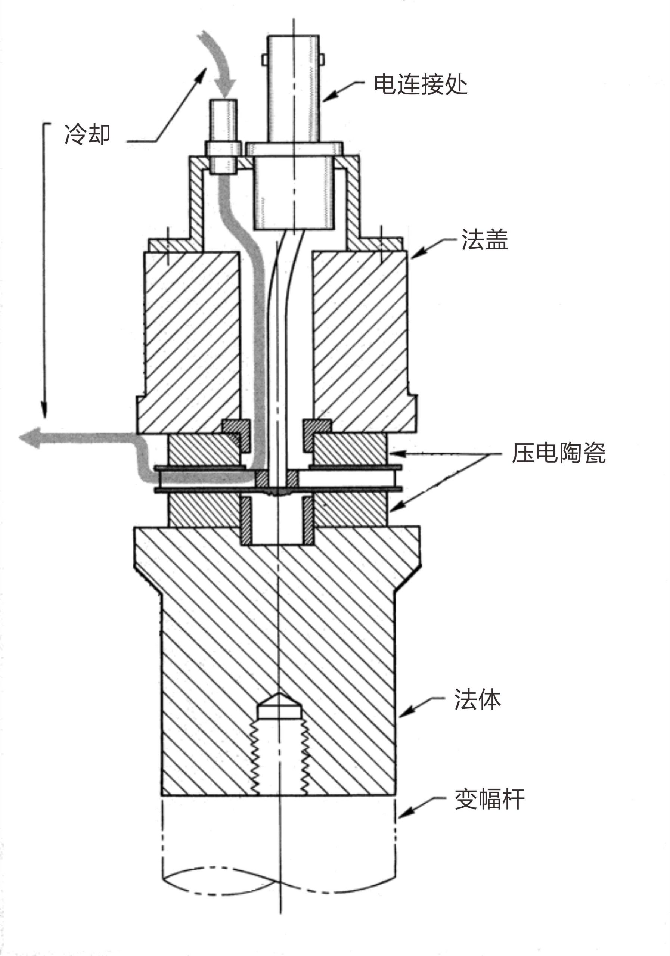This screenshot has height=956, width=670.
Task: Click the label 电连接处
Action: [x=420, y=84]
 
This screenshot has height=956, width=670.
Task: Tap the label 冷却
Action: [x=87, y=134]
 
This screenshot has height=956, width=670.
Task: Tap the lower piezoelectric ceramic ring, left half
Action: [x=204, y=510]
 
